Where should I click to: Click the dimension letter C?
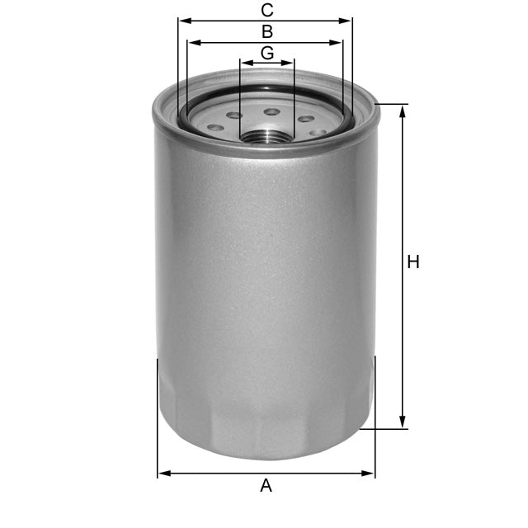pos(266,10)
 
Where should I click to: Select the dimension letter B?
pos(266,32)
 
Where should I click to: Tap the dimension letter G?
pos(266,53)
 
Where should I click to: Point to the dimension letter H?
pos(413,262)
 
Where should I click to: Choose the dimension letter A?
pos(266,485)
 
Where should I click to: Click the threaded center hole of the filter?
pos(266,134)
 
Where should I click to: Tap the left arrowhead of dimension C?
pos(182,20)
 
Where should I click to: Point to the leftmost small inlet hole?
pos(215,128)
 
